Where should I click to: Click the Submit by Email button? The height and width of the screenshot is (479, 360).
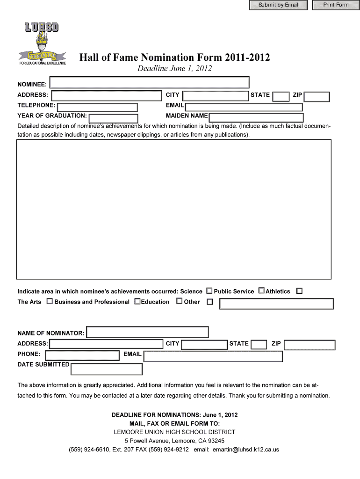[x=278, y=5]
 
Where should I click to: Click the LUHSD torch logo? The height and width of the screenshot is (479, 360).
[x=42, y=44]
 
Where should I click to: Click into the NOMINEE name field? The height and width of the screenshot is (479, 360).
[x=150, y=83]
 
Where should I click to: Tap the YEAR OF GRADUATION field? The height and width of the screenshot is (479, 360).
[x=113, y=119]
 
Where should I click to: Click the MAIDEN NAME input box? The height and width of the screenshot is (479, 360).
[x=256, y=117]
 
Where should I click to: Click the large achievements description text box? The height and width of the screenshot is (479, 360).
[x=174, y=209]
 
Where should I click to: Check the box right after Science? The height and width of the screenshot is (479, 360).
[x=209, y=291]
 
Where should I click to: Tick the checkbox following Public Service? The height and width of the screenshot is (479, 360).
[x=261, y=291]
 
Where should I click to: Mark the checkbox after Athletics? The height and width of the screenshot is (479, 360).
[x=299, y=291]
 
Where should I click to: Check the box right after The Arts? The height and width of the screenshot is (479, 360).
[x=50, y=302]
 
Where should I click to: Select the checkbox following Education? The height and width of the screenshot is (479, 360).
[x=179, y=301]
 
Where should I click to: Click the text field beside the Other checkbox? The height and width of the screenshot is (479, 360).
[x=276, y=304]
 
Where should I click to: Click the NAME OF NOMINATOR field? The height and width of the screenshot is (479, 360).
[x=148, y=332]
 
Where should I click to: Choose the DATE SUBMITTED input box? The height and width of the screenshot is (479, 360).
[x=107, y=369]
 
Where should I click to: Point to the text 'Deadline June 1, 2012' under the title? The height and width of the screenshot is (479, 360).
[x=174, y=69]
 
